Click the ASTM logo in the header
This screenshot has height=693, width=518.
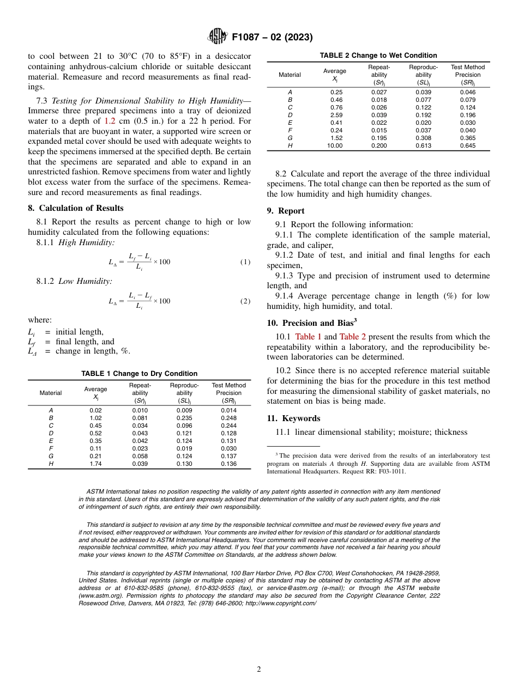click(x=218, y=37)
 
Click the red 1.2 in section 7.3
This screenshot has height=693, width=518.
click(x=110, y=121)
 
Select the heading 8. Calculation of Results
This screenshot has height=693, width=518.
click(x=76, y=208)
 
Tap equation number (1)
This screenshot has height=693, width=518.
click(x=245, y=262)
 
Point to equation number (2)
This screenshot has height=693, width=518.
click(x=245, y=301)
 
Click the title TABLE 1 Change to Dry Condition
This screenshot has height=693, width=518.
click(x=139, y=373)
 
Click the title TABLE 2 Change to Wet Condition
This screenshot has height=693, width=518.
click(x=378, y=55)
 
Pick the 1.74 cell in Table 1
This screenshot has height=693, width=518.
click(x=95, y=464)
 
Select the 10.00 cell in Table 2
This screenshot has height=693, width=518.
click(x=335, y=145)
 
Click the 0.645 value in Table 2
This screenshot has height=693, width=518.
click(x=467, y=145)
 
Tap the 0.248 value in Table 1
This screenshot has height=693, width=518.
click(x=228, y=418)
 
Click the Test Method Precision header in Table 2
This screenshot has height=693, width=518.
click(x=467, y=75)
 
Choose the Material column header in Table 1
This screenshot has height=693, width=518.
click(x=51, y=393)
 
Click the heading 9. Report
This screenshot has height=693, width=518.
click(x=286, y=211)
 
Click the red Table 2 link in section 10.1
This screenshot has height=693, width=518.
click(x=352, y=337)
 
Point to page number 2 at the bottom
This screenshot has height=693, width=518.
click(x=259, y=670)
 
